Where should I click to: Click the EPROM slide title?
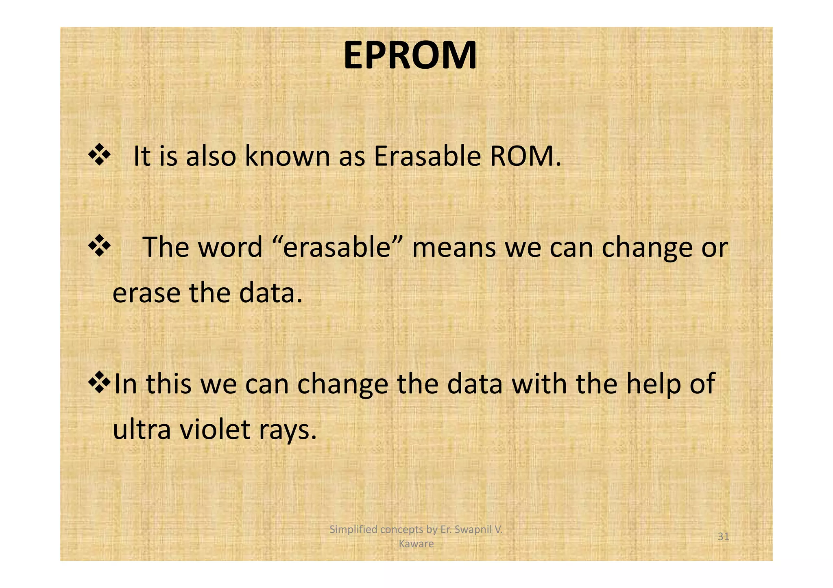pyautogui.click(x=410, y=56)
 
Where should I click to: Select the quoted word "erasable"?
pyautogui.click(x=336, y=247)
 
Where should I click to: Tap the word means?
pyautogui.click(x=454, y=248)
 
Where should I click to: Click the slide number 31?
pyautogui.click(x=723, y=537)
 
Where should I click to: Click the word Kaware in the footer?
pyautogui.click(x=416, y=544)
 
